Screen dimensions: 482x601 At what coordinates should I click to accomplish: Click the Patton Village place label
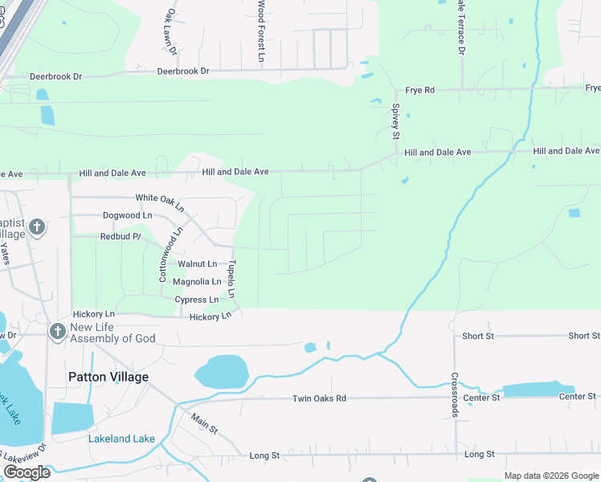(108, 376)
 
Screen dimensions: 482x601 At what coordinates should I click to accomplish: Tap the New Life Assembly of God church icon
(56, 331)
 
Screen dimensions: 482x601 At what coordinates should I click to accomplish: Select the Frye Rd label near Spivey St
(419, 90)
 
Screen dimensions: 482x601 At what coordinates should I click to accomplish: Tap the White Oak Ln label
(160, 198)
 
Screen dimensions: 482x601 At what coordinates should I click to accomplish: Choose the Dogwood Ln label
(127, 215)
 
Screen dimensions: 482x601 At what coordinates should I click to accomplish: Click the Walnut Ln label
(197, 263)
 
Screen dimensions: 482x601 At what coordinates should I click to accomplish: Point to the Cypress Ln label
(197, 300)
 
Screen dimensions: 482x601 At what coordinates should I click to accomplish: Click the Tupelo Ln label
(231, 279)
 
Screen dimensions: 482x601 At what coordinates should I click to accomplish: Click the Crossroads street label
(455, 394)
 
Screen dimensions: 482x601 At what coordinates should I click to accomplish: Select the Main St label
(204, 423)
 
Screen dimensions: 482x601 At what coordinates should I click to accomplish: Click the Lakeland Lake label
(121, 439)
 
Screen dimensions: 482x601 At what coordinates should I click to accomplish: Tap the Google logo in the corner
(27, 472)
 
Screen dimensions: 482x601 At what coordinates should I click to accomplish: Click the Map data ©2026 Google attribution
(550, 476)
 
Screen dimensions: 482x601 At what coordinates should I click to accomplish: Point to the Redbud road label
(120, 237)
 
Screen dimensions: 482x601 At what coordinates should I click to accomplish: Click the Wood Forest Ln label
(261, 31)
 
